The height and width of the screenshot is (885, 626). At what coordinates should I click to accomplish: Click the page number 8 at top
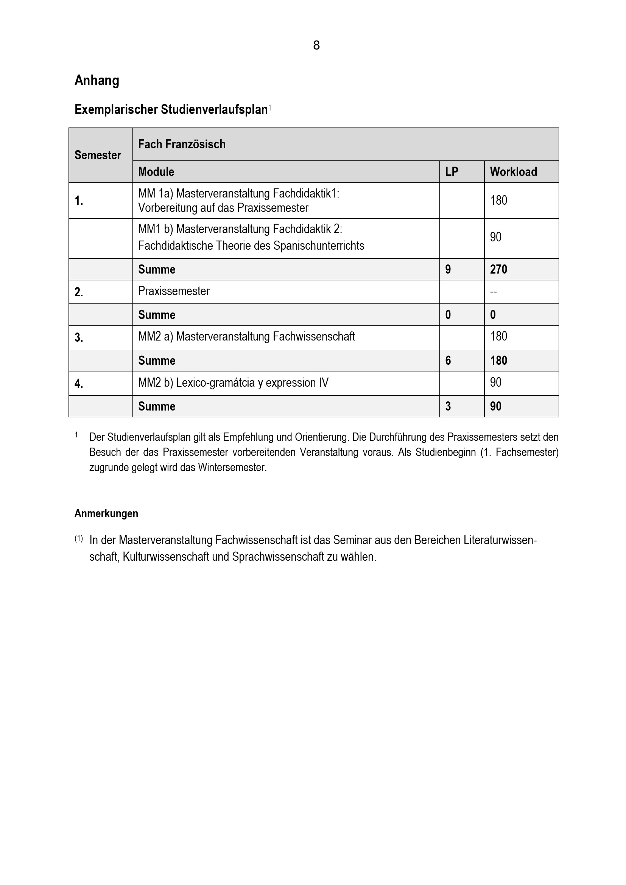coord(316,45)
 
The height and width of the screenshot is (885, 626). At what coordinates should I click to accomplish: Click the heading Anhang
coord(97,81)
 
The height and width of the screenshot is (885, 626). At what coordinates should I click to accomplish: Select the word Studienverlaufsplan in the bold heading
coord(214,110)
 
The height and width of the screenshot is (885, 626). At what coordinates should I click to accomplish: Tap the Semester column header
coord(98,155)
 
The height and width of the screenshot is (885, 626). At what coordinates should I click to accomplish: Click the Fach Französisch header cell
coord(182,144)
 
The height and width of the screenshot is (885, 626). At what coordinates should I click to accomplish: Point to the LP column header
coord(452,171)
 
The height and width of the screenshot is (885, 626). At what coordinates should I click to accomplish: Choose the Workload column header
coord(513,171)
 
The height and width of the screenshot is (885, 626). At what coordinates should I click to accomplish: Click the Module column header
coord(156,171)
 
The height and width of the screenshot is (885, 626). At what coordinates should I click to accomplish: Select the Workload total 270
coord(498,269)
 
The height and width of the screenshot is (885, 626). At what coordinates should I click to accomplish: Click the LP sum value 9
coord(448,269)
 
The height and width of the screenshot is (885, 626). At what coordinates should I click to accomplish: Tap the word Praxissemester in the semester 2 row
coord(174,291)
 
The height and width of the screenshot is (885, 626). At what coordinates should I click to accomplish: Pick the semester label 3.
coord(79,338)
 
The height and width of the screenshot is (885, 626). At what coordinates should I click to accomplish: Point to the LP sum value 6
coord(448,361)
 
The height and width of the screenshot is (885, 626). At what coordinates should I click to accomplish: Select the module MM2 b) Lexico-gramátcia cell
coord(233,383)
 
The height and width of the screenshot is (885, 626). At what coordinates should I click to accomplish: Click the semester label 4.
coord(79,384)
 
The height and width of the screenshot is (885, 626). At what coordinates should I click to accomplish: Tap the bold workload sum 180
coord(498,361)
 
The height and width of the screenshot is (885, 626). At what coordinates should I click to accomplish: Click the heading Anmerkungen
coord(106,513)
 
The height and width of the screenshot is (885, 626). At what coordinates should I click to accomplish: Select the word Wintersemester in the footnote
coord(232,468)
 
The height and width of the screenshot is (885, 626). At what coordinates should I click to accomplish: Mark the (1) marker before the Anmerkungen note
coord(79,538)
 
